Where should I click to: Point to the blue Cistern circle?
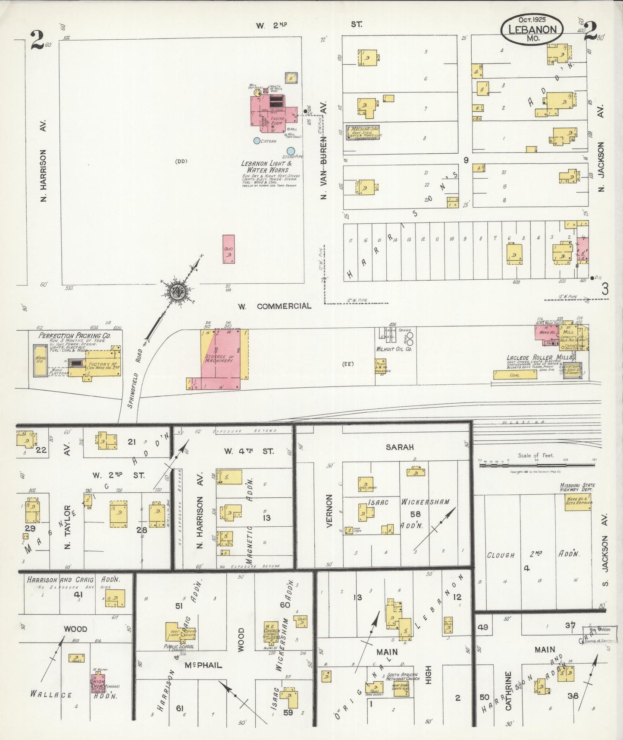(x=257, y=140)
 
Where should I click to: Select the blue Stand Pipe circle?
(x=291, y=151)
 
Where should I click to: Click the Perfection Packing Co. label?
(x=75, y=335)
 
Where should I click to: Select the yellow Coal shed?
(x=515, y=375)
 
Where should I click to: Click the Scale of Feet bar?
(x=536, y=465)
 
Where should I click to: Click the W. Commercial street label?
(x=275, y=306)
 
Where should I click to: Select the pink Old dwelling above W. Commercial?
(x=229, y=249)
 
